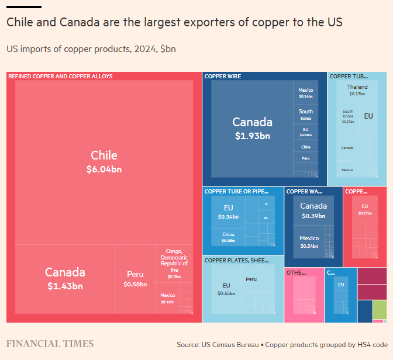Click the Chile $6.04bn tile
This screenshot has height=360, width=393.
click(104, 162)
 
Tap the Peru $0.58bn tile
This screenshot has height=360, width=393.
click(135, 278)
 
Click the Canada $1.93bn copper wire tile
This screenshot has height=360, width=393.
click(252, 128)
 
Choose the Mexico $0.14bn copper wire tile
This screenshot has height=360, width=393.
click(306, 92)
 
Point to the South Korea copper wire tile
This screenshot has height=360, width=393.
click(306, 114)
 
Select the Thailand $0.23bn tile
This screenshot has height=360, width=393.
click(357, 89)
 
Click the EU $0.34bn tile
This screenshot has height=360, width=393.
click(228, 212)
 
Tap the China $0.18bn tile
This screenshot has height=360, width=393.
click(228, 237)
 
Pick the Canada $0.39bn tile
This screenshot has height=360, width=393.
click(313, 210)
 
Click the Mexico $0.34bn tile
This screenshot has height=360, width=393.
click(309, 242)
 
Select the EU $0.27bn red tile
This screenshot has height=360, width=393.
click(365, 209)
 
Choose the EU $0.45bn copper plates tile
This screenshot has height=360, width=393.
click(226, 289)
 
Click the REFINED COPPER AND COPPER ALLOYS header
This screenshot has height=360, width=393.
click(61, 76)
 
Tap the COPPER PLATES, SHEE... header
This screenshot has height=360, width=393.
click(236, 260)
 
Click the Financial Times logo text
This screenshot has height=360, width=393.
click(50, 344)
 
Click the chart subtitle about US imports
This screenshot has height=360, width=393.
click(91, 49)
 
